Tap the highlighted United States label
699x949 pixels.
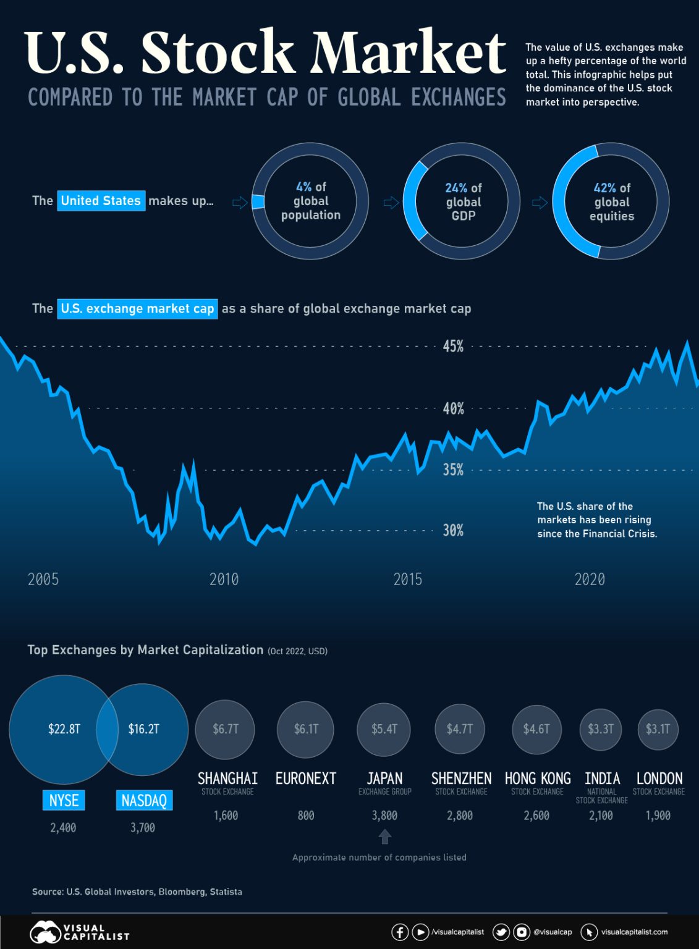[101, 201]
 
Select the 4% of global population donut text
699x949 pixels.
[311, 201]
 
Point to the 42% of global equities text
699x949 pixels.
[612, 201]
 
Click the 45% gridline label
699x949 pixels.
[453, 347]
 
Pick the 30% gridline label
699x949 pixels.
[453, 531]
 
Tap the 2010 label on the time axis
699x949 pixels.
[224, 580]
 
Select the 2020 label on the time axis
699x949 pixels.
[590, 580]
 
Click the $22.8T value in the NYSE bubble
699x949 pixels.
[64, 729]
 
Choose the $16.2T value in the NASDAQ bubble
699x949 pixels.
[143, 729]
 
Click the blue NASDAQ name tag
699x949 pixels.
[144, 801]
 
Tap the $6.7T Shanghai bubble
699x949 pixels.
[226, 729]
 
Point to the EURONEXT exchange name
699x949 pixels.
[306, 778]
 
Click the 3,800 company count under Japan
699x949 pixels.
[384, 816]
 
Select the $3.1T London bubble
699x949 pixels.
[658, 729]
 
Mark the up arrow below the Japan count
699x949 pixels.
[384, 837]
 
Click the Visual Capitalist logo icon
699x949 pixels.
[44, 932]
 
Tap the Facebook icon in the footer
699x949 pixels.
[400, 932]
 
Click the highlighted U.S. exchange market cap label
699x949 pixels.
[137, 308]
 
